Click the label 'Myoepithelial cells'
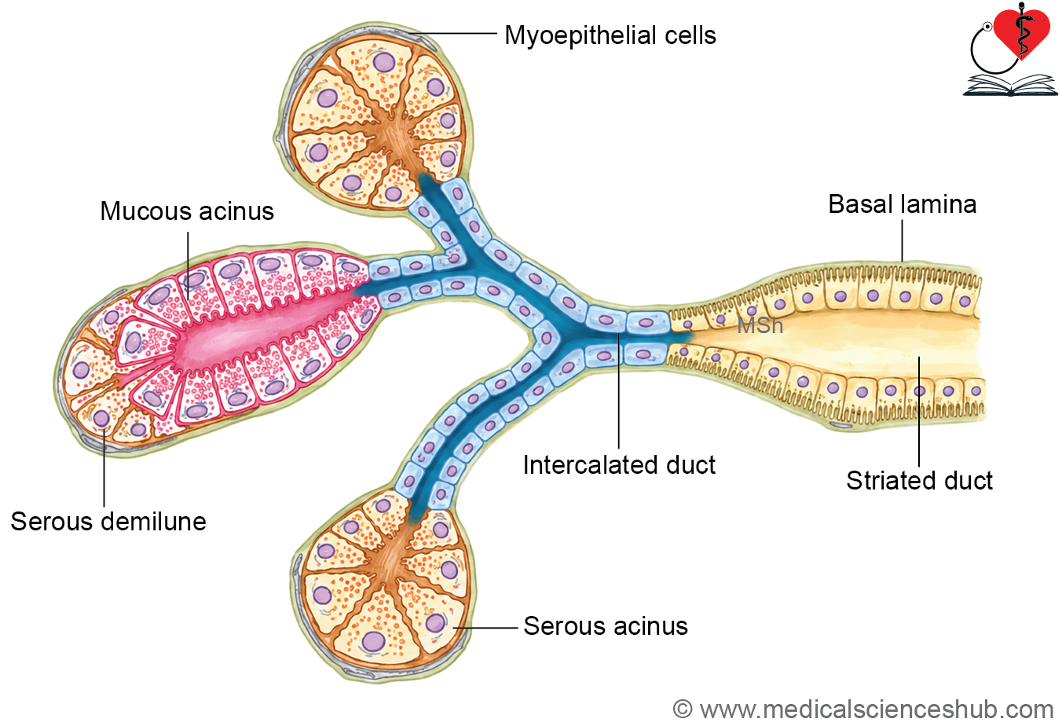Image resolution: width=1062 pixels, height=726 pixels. (x=610, y=35)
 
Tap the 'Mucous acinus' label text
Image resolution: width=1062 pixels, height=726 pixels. (x=187, y=211)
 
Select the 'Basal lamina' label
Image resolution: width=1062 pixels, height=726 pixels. (x=903, y=204)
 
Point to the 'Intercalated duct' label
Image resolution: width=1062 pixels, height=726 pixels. (x=619, y=464)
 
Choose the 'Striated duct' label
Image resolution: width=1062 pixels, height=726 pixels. (x=919, y=480)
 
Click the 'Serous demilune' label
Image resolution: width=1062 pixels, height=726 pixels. (x=108, y=522)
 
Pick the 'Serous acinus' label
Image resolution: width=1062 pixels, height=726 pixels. (x=606, y=626)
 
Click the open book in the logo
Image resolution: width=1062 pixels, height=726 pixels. (x=1010, y=86)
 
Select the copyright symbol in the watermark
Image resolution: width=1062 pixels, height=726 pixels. (x=683, y=709)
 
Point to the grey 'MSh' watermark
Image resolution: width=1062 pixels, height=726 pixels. (x=760, y=325)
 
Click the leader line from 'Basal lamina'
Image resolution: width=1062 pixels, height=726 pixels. (x=902, y=241)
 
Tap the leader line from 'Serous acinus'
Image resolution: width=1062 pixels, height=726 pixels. (x=486, y=628)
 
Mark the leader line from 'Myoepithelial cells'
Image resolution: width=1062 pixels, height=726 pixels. (x=454, y=34)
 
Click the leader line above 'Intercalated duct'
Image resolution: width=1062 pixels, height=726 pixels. (x=619, y=390)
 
